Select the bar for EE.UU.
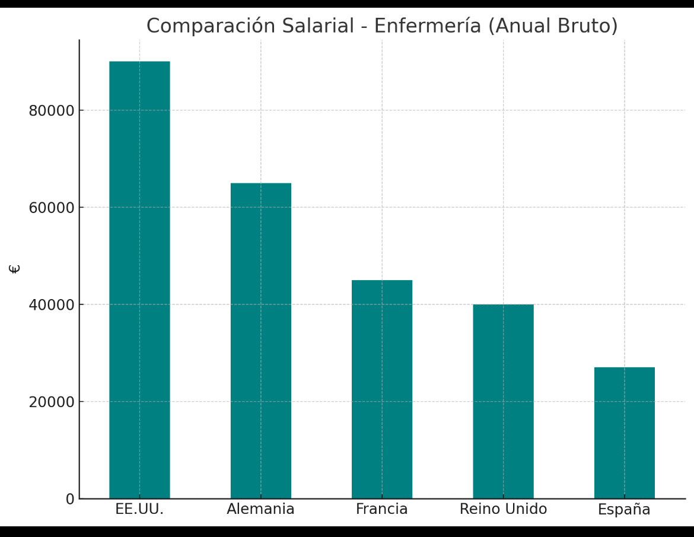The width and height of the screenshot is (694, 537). click(x=139, y=279)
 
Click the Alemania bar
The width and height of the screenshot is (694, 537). click(x=261, y=341)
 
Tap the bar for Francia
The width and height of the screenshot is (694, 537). click(x=382, y=389)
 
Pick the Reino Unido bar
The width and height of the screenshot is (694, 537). click(x=503, y=401)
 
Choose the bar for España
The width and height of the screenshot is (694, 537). click(x=624, y=433)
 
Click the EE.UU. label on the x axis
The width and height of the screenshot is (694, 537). click(x=139, y=509)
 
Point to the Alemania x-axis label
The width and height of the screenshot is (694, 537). click(x=260, y=509)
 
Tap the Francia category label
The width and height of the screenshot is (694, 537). click(x=382, y=509)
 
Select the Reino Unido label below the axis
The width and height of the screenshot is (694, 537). click(x=503, y=509)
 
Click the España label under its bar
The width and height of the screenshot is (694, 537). click(x=624, y=510)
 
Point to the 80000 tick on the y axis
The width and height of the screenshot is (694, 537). click(x=52, y=111)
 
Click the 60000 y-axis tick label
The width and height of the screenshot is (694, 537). click(x=52, y=208)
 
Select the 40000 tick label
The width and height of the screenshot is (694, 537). click(x=52, y=305)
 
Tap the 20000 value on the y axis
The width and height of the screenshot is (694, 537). click(x=52, y=402)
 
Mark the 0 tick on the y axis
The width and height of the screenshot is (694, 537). click(x=70, y=499)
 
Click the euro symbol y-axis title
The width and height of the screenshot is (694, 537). click(x=15, y=268)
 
